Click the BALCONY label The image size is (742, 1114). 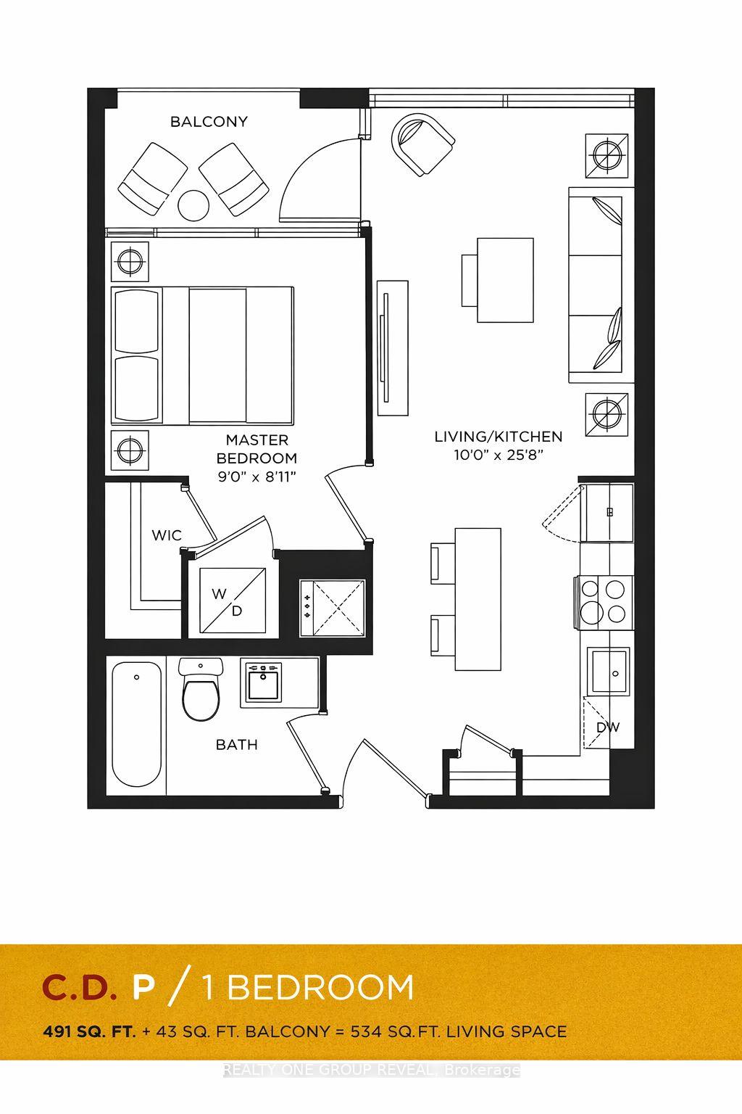(209, 122)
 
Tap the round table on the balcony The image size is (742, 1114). (193, 205)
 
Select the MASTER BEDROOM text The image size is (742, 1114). (257, 449)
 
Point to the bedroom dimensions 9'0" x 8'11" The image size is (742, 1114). (257, 476)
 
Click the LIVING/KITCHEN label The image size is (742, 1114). (498, 437)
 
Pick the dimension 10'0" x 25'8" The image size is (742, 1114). (498, 455)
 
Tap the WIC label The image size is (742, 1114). (166, 535)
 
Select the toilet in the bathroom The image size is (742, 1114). (201, 692)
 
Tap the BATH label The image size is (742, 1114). (237, 745)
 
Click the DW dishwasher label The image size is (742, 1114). (607, 727)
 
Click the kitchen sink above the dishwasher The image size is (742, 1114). (607, 672)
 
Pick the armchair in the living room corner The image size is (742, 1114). (422, 144)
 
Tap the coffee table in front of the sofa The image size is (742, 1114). (505, 280)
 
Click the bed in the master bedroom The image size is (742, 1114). (203, 355)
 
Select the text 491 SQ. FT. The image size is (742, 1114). (89, 1031)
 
